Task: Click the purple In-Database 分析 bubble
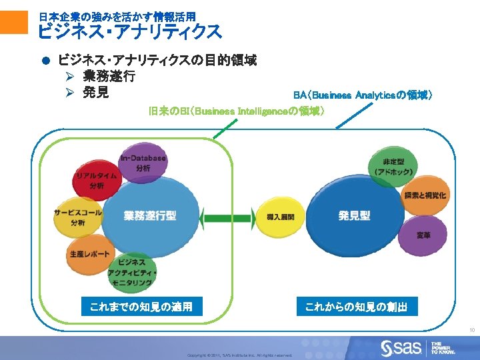tap(143, 162)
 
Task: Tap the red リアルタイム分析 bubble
tap(97, 179)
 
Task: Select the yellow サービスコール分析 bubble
tap(78, 216)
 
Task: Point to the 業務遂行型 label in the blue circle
tap(150, 215)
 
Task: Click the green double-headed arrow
tap(227, 217)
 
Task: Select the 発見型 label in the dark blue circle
tap(354, 215)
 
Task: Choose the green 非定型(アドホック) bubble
tap(391, 167)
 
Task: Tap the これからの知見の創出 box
tap(361, 307)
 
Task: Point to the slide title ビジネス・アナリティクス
tap(129, 31)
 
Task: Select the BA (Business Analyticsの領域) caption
tap(364, 95)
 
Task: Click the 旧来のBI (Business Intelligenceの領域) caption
tap(237, 110)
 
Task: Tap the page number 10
tap(471, 331)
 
